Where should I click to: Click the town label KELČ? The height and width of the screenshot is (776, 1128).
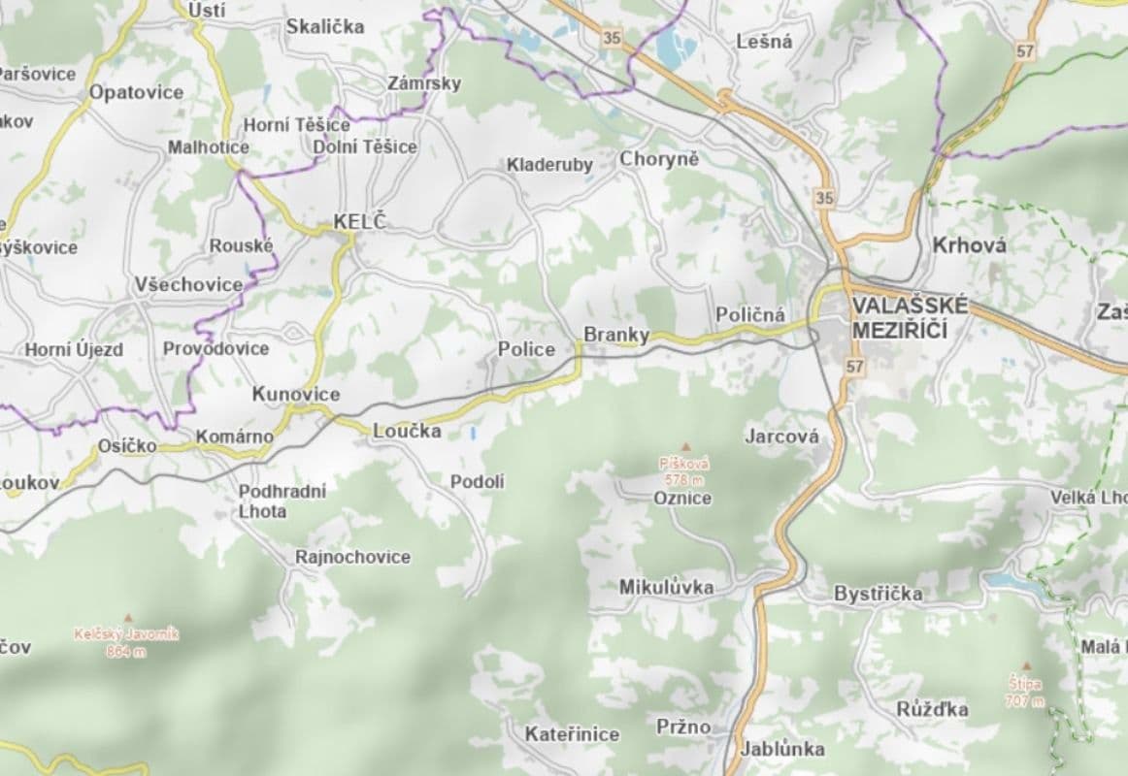click(359, 222)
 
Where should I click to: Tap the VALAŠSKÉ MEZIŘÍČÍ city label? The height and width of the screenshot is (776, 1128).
click(910, 317)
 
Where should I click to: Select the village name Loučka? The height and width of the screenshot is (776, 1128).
click(407, 432)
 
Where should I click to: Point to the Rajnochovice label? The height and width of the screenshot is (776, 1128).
click(352, 557)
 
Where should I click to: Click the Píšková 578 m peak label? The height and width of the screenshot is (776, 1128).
click(684, 471)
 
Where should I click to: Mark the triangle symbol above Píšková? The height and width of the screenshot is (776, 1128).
click(684, 447)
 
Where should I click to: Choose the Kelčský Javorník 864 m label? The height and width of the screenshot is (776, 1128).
click(126, 642)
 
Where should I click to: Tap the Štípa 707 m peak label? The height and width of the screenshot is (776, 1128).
click(1023, 692)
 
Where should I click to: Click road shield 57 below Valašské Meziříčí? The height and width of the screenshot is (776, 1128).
click(853, 367)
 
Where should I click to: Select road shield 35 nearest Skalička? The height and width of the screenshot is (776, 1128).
click(611, 38)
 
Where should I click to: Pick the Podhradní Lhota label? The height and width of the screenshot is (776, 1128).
click(282, 501)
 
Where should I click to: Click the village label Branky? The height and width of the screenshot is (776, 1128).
click(615, 335)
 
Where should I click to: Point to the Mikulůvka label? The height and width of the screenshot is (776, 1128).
click(666, 587)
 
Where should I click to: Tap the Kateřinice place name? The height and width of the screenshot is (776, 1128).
click(572, 734)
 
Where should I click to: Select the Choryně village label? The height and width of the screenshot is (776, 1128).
click(659, 158)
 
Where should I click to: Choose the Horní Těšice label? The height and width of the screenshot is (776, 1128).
click(296, 125)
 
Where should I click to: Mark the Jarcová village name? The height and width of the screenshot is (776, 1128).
click(781, 436)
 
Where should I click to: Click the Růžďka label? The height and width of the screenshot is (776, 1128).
click(932, 709)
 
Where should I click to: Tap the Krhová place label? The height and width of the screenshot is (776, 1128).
click(969, 245)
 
